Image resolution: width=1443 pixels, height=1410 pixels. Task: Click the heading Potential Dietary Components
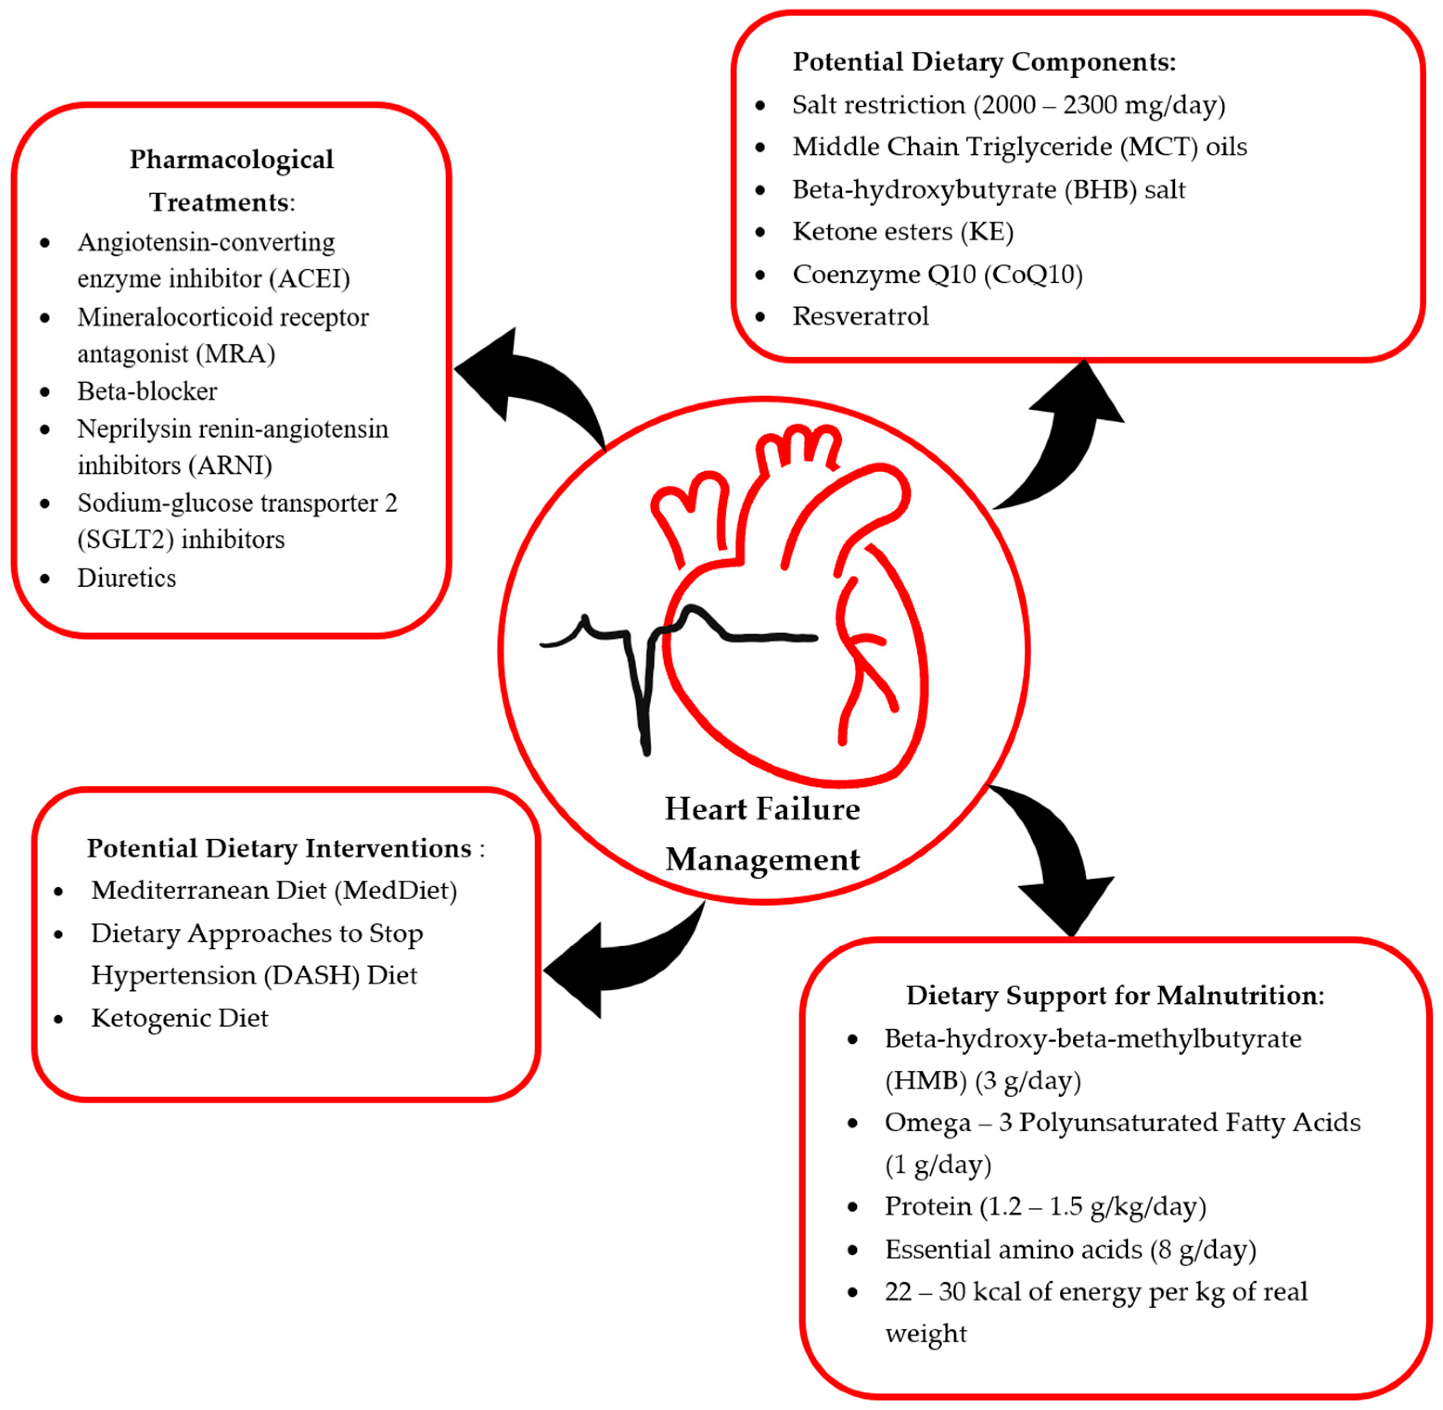click(984, 62)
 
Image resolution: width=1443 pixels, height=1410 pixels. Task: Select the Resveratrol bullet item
click(860, 316)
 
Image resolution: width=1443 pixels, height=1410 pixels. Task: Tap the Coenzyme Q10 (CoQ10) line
click(937, 274)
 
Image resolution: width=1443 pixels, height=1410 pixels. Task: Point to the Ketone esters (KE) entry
click(902, 232)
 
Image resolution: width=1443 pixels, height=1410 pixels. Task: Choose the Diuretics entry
click(127, 578)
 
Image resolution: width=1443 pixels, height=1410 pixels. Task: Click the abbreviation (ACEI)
click(310, 279)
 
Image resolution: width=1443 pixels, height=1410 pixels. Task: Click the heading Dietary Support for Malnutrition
click(1115, 995)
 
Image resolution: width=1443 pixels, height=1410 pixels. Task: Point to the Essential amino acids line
click(1070, 1249)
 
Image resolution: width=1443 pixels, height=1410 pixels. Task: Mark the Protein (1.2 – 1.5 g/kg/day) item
click(1045, 1207)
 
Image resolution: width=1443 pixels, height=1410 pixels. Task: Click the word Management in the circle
click(762, 860)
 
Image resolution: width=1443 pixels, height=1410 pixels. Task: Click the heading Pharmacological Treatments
click(231, 180)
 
